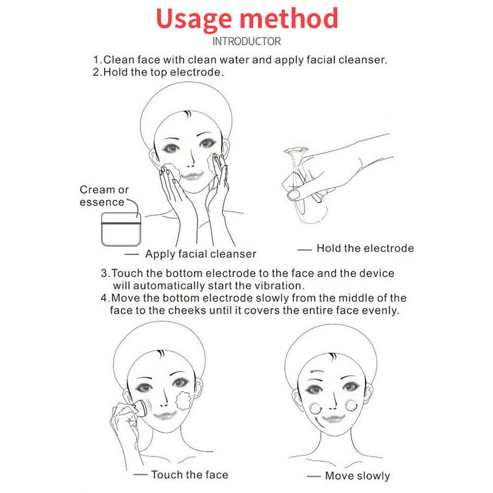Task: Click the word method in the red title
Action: tap(290, 19)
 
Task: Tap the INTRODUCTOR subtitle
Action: tap(246, 41)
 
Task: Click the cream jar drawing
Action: tap(121, 229)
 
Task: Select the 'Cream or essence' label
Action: tap(104, 196)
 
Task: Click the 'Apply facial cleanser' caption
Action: tap(201, 254)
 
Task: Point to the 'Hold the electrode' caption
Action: tap(365, 249)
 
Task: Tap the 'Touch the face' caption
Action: tap(189, 474)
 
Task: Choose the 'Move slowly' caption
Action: tap(357, 476)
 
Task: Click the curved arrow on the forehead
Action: tap(319, 371)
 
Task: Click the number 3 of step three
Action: tap(105, 273)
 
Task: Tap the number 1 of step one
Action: tap(96, 60)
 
